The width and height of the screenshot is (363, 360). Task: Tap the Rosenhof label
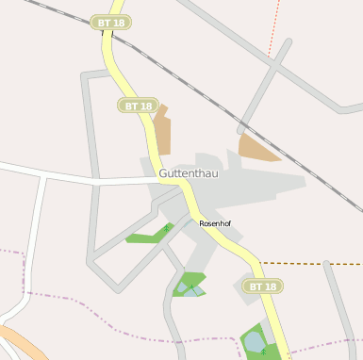(215, 223)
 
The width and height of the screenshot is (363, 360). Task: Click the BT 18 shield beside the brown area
(137, 105)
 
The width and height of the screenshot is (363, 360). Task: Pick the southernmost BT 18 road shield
(261, 286)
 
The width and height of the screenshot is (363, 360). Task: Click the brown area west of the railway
(161, 132)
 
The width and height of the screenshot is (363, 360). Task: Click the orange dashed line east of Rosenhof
(311, 263)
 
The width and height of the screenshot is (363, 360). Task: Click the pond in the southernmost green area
(254, 339)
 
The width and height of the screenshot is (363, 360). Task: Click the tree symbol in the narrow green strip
(167, 227)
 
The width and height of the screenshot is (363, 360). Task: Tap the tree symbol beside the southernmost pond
(263, 351)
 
